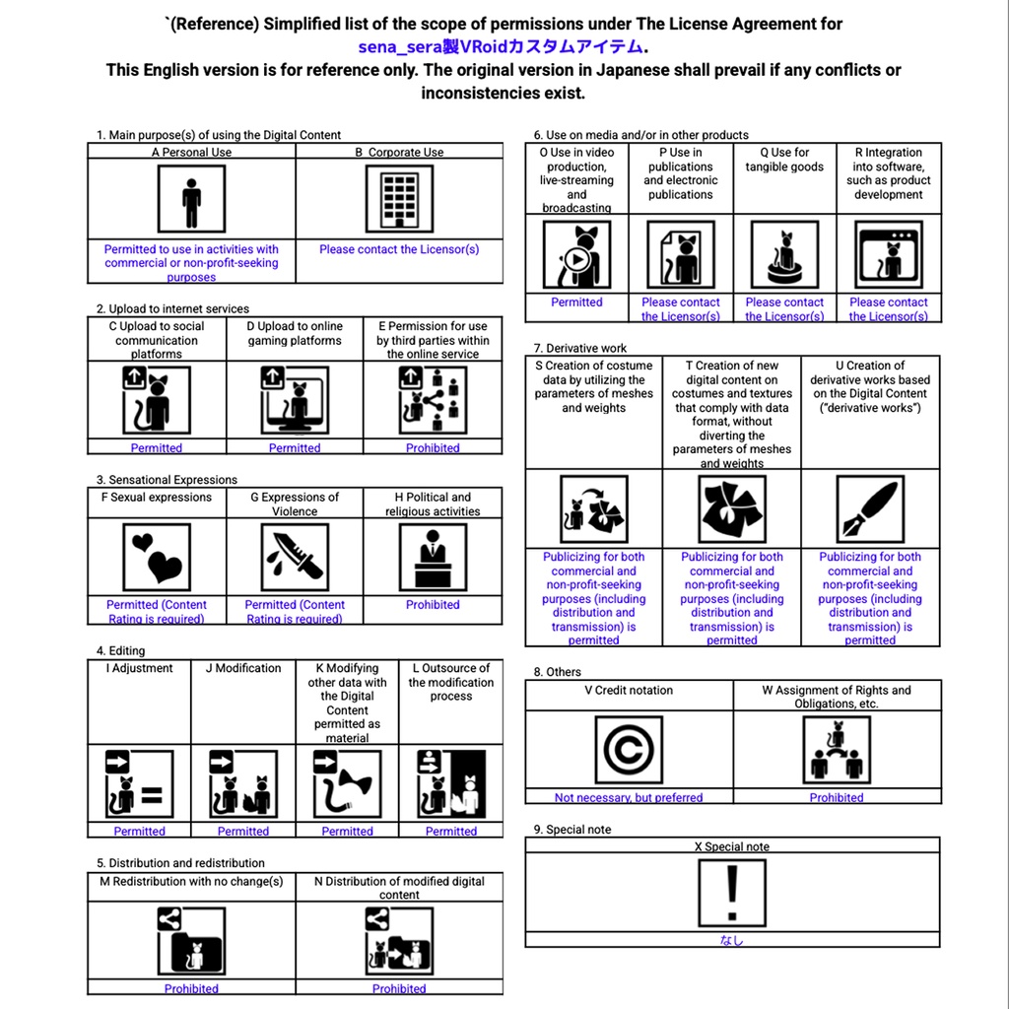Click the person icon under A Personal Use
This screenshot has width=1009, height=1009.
(191, 198)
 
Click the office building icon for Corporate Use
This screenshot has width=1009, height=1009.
(399, 198)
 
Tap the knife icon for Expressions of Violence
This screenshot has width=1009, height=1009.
(295, 558)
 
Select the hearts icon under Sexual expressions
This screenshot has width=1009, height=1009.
(157, 558)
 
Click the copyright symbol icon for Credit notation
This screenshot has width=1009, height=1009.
(629, 750)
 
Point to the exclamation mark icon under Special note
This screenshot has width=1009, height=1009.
(731, 893)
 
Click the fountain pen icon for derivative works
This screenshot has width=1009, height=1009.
(870, 509)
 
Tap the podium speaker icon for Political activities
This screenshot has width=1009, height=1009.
(433, 558)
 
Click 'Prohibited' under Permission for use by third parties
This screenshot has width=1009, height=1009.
(433, 448)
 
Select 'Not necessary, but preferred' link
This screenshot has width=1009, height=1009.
(629, 798)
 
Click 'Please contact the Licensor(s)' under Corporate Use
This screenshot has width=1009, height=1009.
(399, 249)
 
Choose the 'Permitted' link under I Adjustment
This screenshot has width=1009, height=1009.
(140, 832)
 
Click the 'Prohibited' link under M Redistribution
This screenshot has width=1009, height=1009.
(191, 988)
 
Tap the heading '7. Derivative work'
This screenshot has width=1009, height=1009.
(580, 348)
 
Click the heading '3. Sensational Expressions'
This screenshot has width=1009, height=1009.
(167, 480)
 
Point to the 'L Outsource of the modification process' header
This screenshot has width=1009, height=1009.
(451, 682)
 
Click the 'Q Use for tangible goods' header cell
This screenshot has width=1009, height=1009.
(784, 160)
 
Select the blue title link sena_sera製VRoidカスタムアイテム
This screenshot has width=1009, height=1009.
(501, 46)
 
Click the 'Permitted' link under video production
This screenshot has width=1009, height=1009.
(576, 303)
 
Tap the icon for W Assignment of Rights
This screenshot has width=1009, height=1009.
(837, 750)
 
